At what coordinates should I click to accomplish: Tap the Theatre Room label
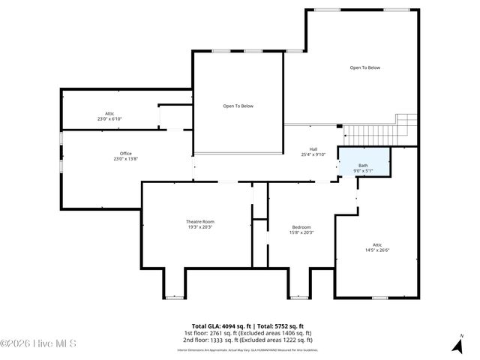pos(200,221)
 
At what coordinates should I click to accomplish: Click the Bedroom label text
pos(301,227)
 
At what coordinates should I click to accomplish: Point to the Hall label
pos(313,149)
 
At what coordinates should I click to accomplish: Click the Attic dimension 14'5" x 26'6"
pos(377,250)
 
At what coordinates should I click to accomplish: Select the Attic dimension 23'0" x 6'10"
pos(109,119)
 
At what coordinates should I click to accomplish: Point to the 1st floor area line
pos(247,333)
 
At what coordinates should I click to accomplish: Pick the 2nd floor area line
pos(247,340)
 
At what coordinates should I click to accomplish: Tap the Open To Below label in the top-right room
pos(364,68)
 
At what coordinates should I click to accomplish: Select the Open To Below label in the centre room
pos(238,106)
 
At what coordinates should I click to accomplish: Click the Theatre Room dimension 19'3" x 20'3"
pos(200,227)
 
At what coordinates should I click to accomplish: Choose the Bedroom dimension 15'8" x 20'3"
pos(301,232)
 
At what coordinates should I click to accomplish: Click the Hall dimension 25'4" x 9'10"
pos(313,154)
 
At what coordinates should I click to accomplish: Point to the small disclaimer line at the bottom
pos(247,349)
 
